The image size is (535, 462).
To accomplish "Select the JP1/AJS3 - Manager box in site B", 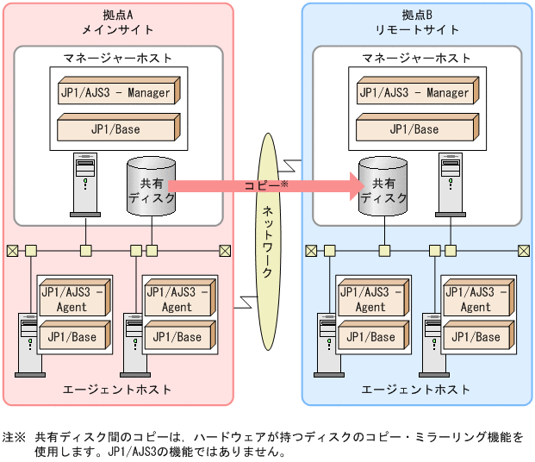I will [x=414, y=93].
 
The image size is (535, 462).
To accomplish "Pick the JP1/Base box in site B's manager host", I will [x=414, y=129].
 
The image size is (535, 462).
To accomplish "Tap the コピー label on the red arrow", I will [x=262, y=184].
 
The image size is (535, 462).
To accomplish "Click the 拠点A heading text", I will [x=117, y=15].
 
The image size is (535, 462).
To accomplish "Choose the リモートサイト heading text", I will [x=417, y=29].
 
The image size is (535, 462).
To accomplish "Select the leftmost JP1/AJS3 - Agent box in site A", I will [x=73, y=299].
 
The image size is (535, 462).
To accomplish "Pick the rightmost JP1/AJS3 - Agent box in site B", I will [x=475, y=299].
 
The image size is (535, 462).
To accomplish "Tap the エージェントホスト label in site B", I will [x=416, y=390].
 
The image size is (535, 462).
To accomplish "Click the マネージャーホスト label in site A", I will [x=117, y=58].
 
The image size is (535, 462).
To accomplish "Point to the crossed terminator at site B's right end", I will [x=523, y=251].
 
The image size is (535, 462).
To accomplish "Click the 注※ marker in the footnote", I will [x=14, y=437].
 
